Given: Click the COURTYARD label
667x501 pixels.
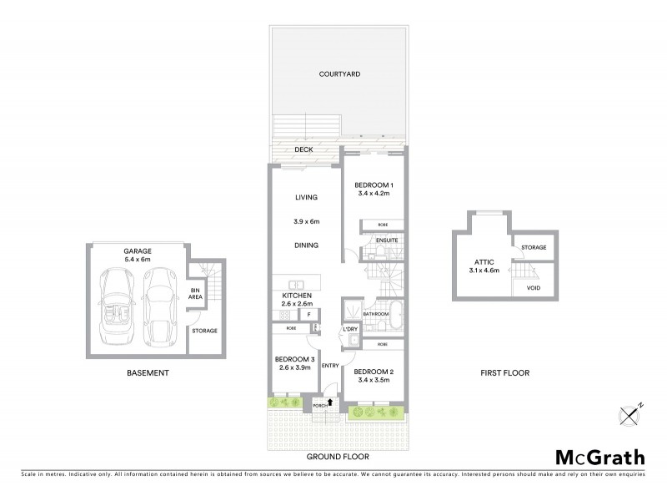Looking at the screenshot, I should [x=339, y=74].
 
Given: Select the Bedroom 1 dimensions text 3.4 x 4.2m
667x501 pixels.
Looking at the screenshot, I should [x=373, y=193].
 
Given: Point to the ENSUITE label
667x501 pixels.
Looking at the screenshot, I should [x=387, y=240].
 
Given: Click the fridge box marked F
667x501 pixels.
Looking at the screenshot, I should [x=310, y=314].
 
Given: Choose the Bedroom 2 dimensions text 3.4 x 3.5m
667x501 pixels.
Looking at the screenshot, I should [x=373, y=380].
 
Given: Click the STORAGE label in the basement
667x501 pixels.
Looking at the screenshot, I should [x=204, y=331].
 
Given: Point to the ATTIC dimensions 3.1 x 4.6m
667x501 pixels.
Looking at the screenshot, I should [x=484, y=270].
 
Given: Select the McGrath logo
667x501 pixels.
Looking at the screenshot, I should [x=599, y=457].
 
